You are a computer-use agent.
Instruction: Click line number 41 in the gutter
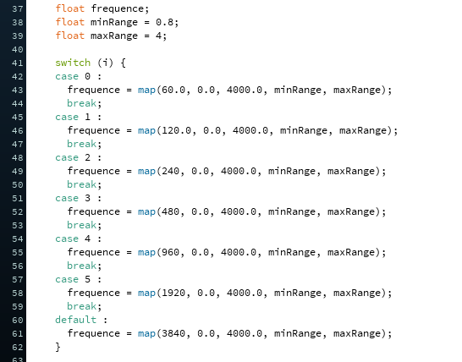click(x=18, y=63)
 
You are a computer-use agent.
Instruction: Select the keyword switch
click(x=73, y=63)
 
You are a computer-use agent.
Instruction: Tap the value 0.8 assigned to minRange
click(x=164, y=22)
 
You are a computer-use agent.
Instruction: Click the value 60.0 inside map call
click(x=173, y=90)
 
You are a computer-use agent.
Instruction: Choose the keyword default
click(x=75, y=320)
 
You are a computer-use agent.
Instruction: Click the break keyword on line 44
click(x=81, y=103)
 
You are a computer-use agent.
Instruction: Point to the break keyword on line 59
click(x=81, y=306)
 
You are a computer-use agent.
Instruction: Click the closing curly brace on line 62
click(x=58, y=347)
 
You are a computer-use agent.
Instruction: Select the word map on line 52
click(x=146, y=212)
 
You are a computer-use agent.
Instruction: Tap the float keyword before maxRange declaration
click(x=70, y=36)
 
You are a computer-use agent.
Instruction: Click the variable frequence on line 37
click(x=117, y=8)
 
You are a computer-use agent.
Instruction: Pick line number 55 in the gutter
click(x=18, y=253)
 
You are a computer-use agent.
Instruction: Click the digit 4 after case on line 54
click(x=87, y=239)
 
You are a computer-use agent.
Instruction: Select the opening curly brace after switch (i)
click(x=124, y=63)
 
